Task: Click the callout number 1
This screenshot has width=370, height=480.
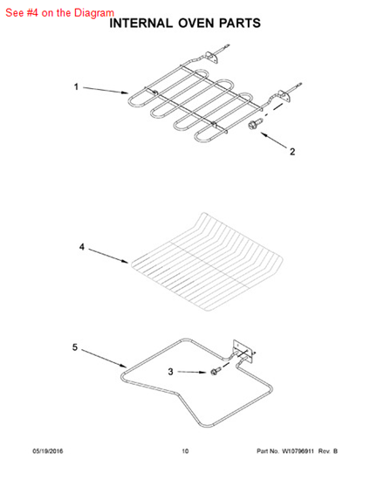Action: point(76,87)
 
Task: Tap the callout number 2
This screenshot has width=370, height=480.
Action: point(292,152)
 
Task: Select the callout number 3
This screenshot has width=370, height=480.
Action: point(170,372)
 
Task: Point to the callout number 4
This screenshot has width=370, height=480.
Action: point(82,247)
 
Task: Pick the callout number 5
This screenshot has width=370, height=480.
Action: point(75,347)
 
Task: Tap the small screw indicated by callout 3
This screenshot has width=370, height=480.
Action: point(215,372)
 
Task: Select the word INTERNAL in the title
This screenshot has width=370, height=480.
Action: point(140,24)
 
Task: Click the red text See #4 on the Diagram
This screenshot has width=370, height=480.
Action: point(59,13)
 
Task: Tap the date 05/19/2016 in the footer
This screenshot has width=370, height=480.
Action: point(47,451)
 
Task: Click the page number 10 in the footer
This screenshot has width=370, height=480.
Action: point(185,451)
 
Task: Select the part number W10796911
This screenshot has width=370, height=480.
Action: point(298,451)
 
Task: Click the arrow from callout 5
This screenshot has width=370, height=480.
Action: point(104,358)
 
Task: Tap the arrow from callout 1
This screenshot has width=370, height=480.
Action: point(106,90)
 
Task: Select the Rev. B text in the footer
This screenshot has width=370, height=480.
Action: point(328,451)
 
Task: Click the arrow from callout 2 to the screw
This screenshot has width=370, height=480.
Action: point(274,140)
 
